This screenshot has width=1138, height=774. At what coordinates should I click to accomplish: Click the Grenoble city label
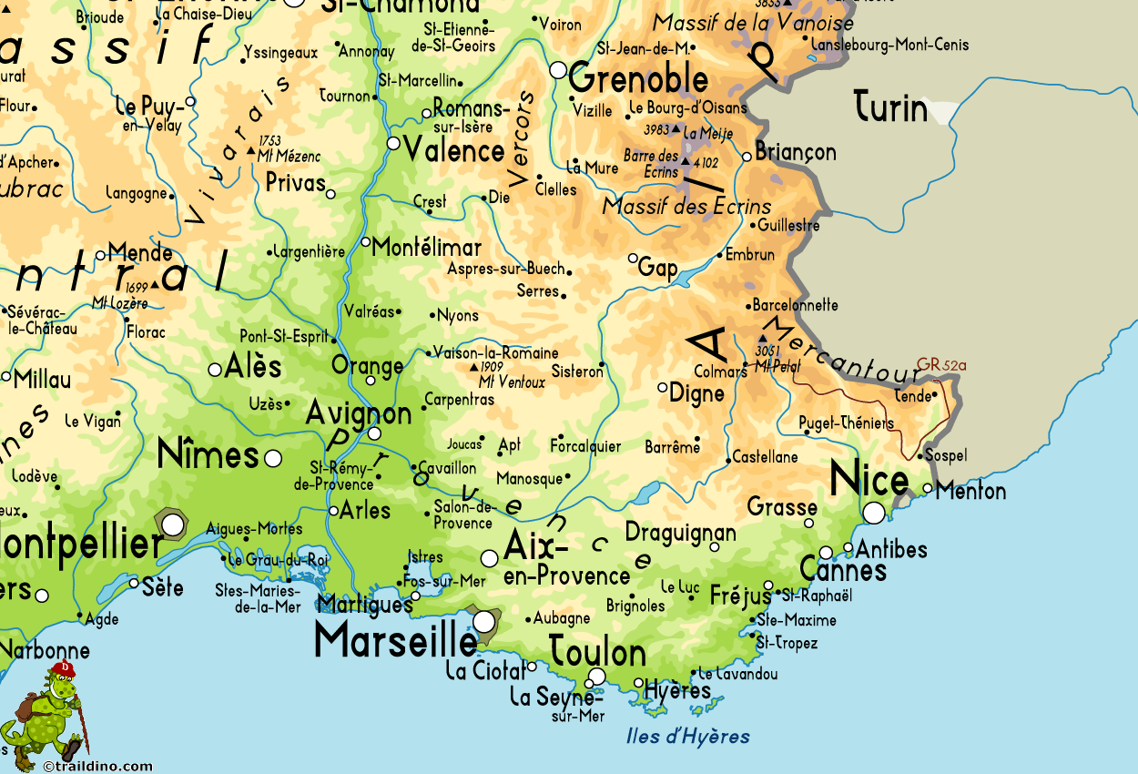(638, 80)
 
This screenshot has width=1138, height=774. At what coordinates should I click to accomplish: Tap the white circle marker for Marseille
(484, 621)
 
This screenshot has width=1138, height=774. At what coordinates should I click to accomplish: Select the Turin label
(890, 108)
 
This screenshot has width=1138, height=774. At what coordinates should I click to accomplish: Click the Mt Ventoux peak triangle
(473, 367)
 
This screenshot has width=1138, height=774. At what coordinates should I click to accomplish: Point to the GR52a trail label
(940, 365)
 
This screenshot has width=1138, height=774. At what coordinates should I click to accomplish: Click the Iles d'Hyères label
(688, 736)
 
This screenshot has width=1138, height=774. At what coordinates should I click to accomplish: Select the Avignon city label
(359, 412)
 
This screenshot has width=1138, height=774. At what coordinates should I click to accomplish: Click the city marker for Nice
(874, 513)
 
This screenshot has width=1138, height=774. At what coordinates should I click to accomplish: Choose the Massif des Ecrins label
(686, 207)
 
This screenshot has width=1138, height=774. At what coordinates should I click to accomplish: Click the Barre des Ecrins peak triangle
(686, 162)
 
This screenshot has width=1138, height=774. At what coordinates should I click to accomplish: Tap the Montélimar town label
(427, 248)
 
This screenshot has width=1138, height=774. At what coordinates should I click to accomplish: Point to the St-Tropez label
(787, 643)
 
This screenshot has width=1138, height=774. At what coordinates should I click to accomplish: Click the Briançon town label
(795, 152)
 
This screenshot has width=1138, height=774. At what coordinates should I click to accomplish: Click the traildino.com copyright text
(98, 766)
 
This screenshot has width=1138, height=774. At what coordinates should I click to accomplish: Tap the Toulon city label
(597, 653)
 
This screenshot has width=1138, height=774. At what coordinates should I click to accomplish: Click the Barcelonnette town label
(795, 305)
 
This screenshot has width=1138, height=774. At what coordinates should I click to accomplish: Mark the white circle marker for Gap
(634, 258)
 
